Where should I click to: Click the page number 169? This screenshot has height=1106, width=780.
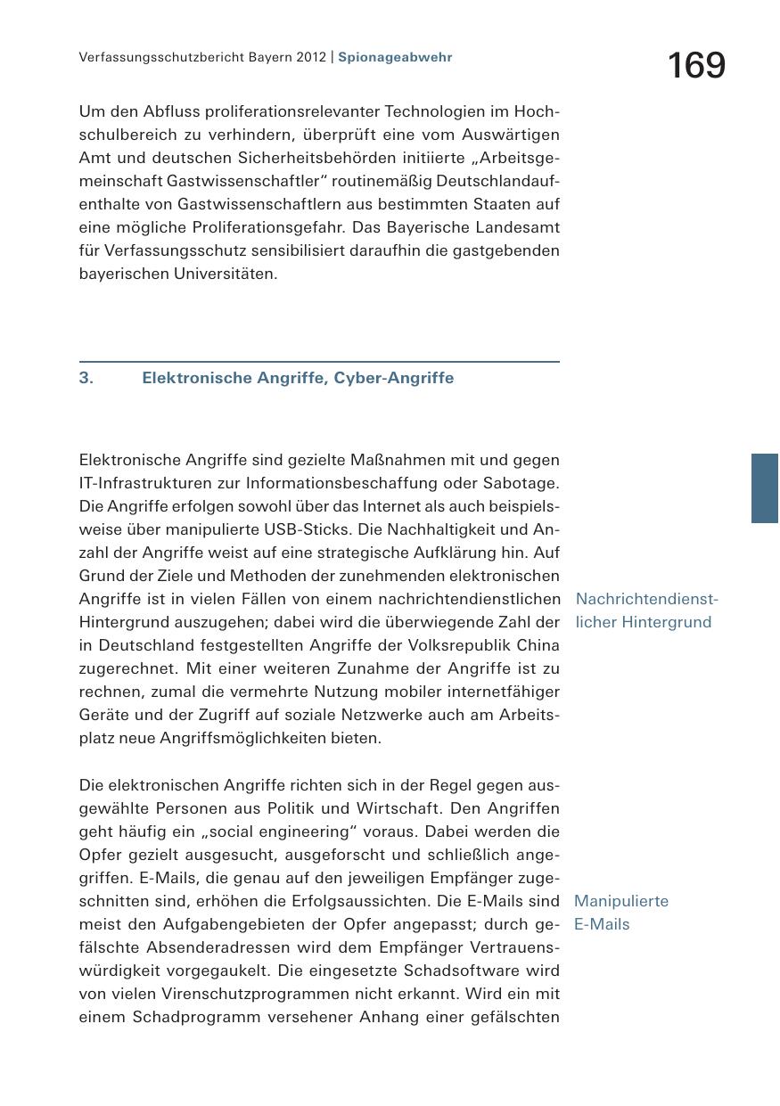696,66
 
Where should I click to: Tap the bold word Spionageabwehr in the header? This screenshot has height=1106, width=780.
395,57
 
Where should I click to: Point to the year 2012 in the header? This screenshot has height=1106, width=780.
309,57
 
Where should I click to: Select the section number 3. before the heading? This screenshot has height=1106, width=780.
86,378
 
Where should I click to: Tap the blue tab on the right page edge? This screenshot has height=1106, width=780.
765,487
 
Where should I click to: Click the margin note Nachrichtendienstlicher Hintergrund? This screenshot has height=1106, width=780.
645,610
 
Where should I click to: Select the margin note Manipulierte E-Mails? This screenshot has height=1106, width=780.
620,913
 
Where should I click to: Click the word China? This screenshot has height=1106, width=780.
537,645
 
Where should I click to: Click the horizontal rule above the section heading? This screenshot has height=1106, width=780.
319,362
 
